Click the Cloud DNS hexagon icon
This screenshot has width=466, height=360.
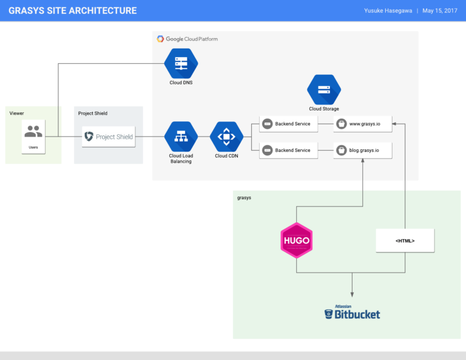[181, 63]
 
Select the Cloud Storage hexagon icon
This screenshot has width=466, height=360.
[323, 89]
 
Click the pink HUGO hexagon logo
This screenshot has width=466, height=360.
[296, 240]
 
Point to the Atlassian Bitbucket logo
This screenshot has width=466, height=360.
[352, 312]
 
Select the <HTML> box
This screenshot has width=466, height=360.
[405, 240]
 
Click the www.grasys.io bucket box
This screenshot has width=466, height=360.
[363, 124]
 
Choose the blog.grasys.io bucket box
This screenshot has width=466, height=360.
[363, 150]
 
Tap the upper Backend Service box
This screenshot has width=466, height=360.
[288, 124]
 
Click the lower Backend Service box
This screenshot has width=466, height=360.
[288, 150]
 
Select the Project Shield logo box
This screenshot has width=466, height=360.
[109, 137]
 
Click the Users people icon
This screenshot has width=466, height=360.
[33, 131]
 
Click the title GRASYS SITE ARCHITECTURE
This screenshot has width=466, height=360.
[72, 10]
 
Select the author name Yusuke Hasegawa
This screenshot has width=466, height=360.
[388, 11]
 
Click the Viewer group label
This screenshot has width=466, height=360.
[17, 114]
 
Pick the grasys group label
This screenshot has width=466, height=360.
[244, 198]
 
